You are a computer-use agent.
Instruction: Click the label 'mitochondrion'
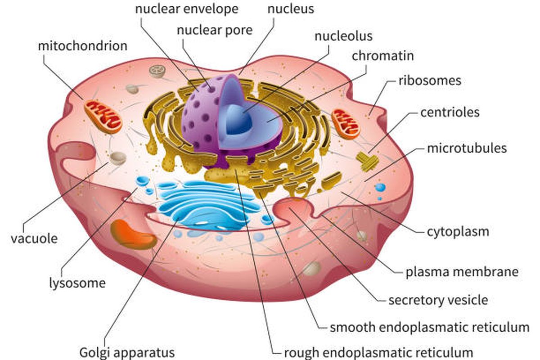(83, 46)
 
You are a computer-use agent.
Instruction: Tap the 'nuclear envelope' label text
(187, 9)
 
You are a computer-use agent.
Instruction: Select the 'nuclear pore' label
(215, 30)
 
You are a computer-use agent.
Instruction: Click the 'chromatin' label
(382, 56)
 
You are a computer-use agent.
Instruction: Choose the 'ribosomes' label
(430, 81)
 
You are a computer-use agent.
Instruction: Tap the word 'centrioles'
(450, 112)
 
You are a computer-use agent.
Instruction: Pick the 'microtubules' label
(467, 148)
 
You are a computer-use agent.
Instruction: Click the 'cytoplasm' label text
(458, 232)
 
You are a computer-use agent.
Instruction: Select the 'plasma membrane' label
(462, 272)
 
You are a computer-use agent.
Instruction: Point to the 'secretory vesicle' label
(438, 300)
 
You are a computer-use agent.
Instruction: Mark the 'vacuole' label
(34, 238)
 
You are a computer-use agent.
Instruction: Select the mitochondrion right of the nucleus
(346, 123)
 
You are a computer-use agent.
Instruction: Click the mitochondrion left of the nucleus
(103, 116)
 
